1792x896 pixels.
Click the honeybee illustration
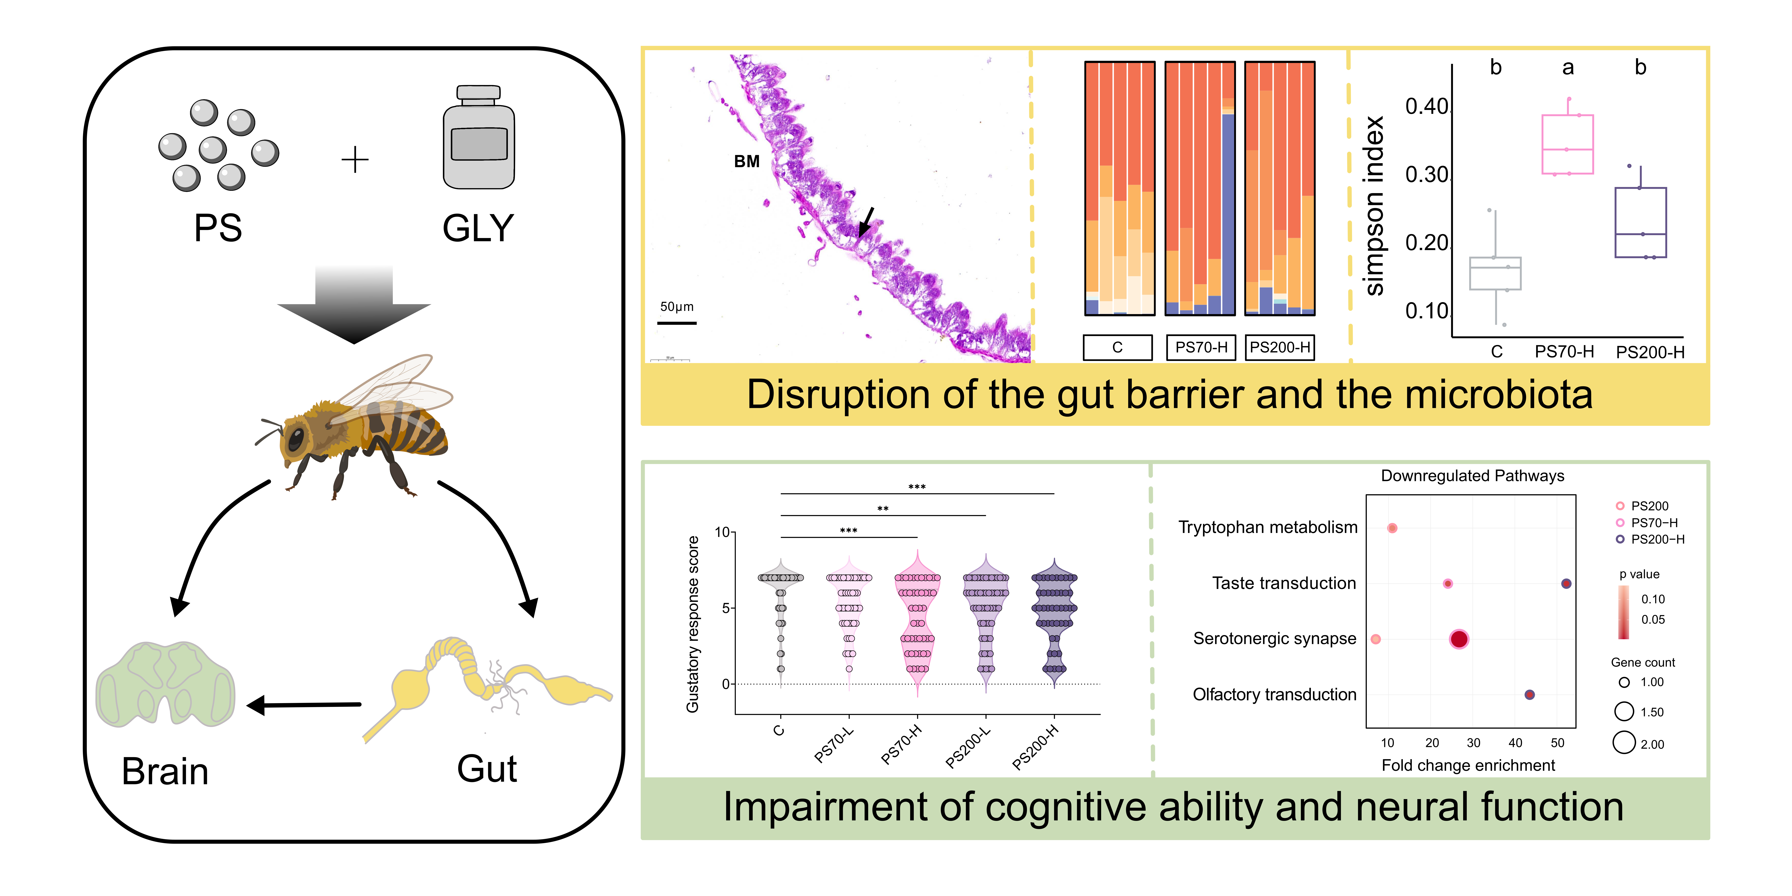coord(355,428)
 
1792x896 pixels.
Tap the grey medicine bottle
coord(479,139)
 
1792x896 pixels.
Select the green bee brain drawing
coord(166,685)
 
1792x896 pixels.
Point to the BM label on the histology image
coord(746,161)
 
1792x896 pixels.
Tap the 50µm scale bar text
coord(676,307)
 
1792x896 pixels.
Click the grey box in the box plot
coord(1495,273)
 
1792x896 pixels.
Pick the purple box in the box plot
coord(1640,223)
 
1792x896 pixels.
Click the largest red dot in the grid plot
coord(1459,639)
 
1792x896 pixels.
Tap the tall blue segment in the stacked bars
coord(1228,212)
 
